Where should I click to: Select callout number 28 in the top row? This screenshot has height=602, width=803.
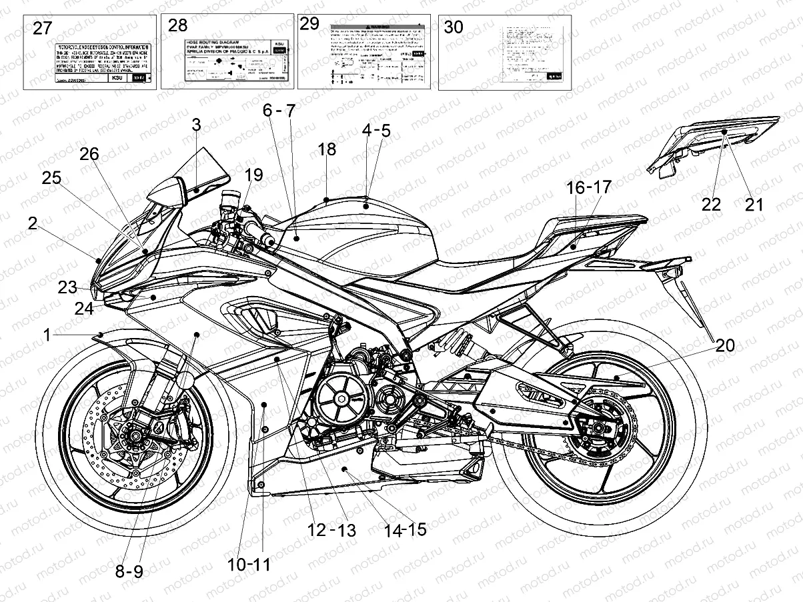178,26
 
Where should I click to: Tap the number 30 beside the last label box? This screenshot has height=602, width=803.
454,27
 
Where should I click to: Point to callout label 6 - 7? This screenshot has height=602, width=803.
277,111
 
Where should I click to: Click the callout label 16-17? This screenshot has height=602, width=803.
588,188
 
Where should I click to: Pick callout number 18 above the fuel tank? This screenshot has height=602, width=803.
327,149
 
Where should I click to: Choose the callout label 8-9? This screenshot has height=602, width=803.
130,571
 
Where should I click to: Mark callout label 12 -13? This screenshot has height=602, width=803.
331,530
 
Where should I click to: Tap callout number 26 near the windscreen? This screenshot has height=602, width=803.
89,154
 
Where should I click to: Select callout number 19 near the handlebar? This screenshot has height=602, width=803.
253,175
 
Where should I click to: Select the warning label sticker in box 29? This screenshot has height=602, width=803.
377,56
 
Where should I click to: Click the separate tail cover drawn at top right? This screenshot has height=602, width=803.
714,140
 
